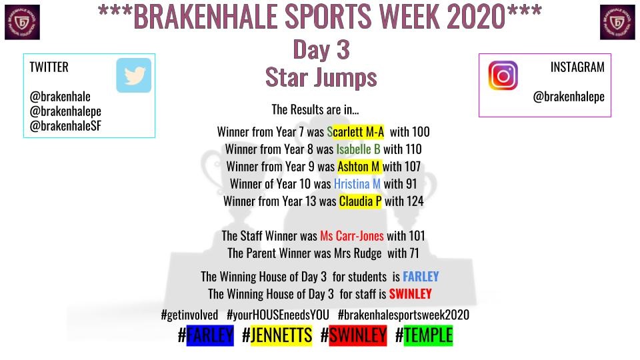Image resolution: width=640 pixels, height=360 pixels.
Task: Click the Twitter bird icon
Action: coord(133,75)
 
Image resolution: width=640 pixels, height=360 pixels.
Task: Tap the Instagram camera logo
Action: coord(503,75)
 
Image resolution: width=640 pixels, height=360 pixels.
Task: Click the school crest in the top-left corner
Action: coord(22,22)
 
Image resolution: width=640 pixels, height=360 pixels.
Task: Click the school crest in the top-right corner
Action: coord(617,22)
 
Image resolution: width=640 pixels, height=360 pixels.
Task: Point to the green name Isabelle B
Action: coord(358,149)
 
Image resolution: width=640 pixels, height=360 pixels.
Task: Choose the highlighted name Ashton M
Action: coord(359,166)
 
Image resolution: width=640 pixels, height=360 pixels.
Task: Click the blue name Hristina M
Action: coord(357,183)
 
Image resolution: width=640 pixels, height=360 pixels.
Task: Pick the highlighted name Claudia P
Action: coord(360,201)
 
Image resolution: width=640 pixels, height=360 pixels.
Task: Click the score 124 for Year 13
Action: coord(415,201)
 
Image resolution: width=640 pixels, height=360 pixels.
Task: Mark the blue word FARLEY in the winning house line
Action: coord(421,277)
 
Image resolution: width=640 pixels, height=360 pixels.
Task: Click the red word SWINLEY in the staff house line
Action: coord(410,294)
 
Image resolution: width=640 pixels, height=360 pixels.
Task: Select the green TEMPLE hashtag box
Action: coord(428,335)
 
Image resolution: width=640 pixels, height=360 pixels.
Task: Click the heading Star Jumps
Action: coord(321,77)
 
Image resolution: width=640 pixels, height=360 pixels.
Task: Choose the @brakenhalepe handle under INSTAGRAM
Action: coord(568,97)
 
